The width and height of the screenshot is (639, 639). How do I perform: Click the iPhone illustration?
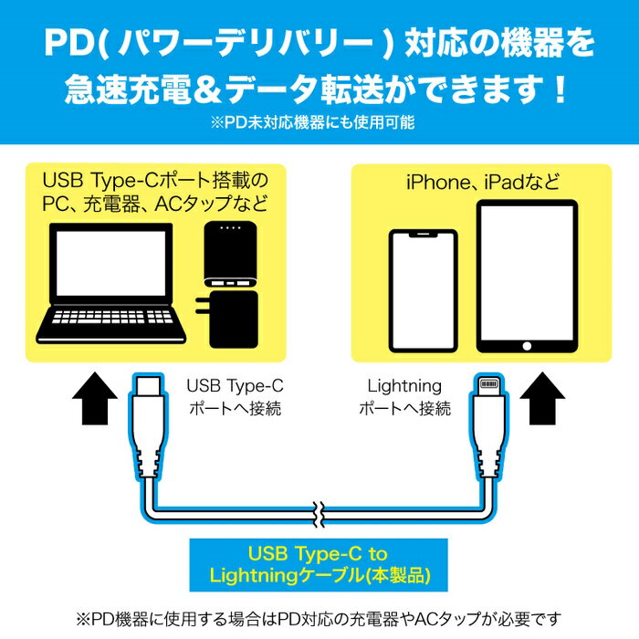coord(424,291)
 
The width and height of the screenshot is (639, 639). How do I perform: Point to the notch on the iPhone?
coord(424,236)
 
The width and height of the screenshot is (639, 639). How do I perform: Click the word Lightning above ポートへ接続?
coord(403,385)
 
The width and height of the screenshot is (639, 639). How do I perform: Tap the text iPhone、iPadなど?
coord(482,183)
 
